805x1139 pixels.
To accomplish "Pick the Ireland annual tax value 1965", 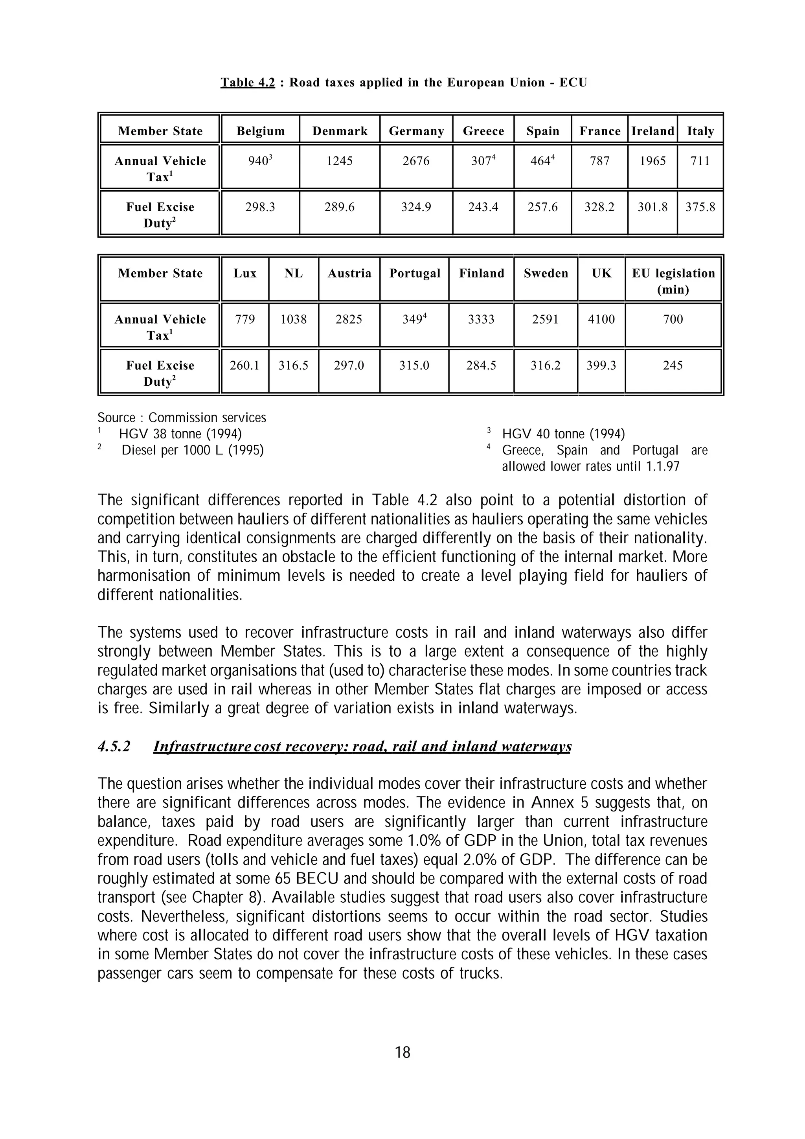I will point(652,161).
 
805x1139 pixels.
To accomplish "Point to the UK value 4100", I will point(601,319).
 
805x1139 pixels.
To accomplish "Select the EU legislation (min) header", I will point(673,281).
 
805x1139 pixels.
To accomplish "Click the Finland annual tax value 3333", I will point(481,319).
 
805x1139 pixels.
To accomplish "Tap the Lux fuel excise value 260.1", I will point(244,366).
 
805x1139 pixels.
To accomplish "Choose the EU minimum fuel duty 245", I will point(673,366).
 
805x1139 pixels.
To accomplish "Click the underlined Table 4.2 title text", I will point(248,82).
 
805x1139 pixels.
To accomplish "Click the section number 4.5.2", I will point(114,746).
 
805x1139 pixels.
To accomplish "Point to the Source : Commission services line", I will point(182,418).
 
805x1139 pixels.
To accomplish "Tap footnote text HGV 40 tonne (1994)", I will point(563,434).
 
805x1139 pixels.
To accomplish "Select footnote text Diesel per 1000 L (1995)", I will point(193,451).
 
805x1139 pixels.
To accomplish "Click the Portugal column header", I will point(415,273).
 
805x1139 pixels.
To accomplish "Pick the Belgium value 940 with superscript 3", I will point(260,161).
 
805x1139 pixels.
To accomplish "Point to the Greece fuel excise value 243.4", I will point(483,207).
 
